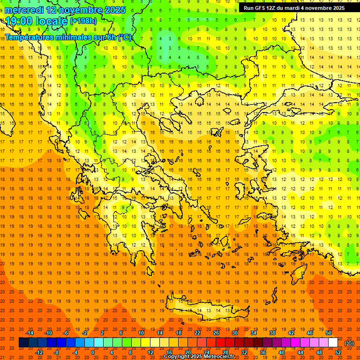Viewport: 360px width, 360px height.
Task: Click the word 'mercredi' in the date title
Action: [x=24, y=10]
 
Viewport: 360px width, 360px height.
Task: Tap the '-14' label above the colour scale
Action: [x=30, y=333]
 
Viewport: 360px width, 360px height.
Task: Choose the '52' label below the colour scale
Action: [x=338, y=352]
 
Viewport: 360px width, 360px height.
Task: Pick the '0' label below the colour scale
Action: [x=93, y=352]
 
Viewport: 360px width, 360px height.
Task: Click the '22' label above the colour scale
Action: [x=197, y=333]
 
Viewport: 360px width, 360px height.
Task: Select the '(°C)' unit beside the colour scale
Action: [x=349, y=343]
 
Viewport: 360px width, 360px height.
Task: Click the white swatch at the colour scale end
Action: [x=333, y=343]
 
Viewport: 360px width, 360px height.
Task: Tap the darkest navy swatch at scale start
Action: [x=23, y=343]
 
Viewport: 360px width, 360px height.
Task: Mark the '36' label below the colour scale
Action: [x=263, y=352]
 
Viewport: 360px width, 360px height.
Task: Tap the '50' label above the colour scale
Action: [x=329, y=333]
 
